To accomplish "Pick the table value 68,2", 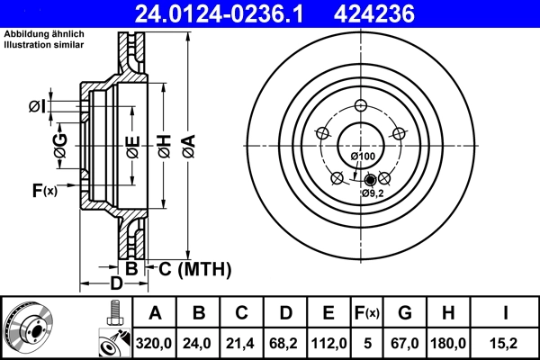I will (x=284, y=343).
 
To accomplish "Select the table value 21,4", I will (x=241, y=343).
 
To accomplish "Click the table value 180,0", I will (x=450, y=343).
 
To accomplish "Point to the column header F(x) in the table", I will (x=368, y=313).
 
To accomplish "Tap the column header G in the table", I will (x=407, y=313).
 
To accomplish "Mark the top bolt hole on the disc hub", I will (x=361, y=103).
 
